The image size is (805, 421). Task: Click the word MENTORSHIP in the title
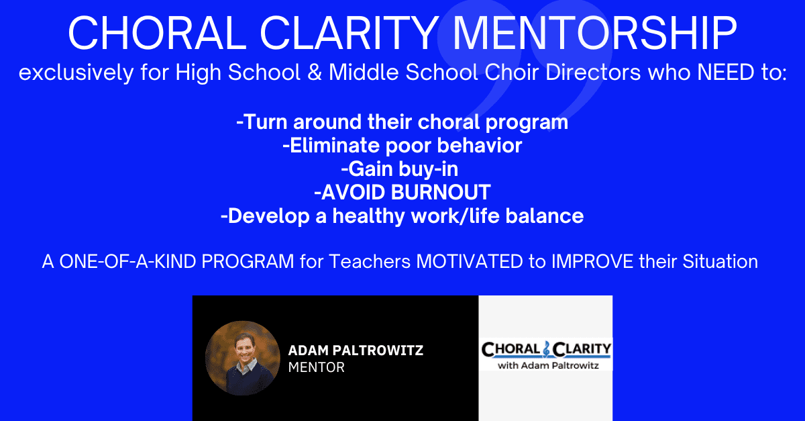pos(595,33)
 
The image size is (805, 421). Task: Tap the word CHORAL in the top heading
pos(158,33)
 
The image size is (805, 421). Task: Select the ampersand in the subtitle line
pos(315,72)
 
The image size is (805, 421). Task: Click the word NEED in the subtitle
pos(726,72)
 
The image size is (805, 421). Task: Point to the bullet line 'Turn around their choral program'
pos(402,122)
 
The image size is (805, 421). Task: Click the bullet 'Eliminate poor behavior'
pos(402,146)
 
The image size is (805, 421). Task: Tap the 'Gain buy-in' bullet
pos(400,169)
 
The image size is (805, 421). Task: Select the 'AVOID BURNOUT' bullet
pos(402,192)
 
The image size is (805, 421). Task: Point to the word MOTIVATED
pos(470,261)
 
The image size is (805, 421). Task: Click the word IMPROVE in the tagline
pos(592,261)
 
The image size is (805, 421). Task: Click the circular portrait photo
pos(243,358)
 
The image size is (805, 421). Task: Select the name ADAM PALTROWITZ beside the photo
pos(356,350)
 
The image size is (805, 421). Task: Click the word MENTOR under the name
pos(316,367)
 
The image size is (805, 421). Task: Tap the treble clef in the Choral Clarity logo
pos(547,349)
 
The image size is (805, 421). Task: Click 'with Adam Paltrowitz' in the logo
pos(548,365)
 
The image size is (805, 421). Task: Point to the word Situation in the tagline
pos(720,261)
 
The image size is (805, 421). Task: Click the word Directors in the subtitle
pos(593,72)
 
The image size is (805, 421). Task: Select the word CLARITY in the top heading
pos(349,33)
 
